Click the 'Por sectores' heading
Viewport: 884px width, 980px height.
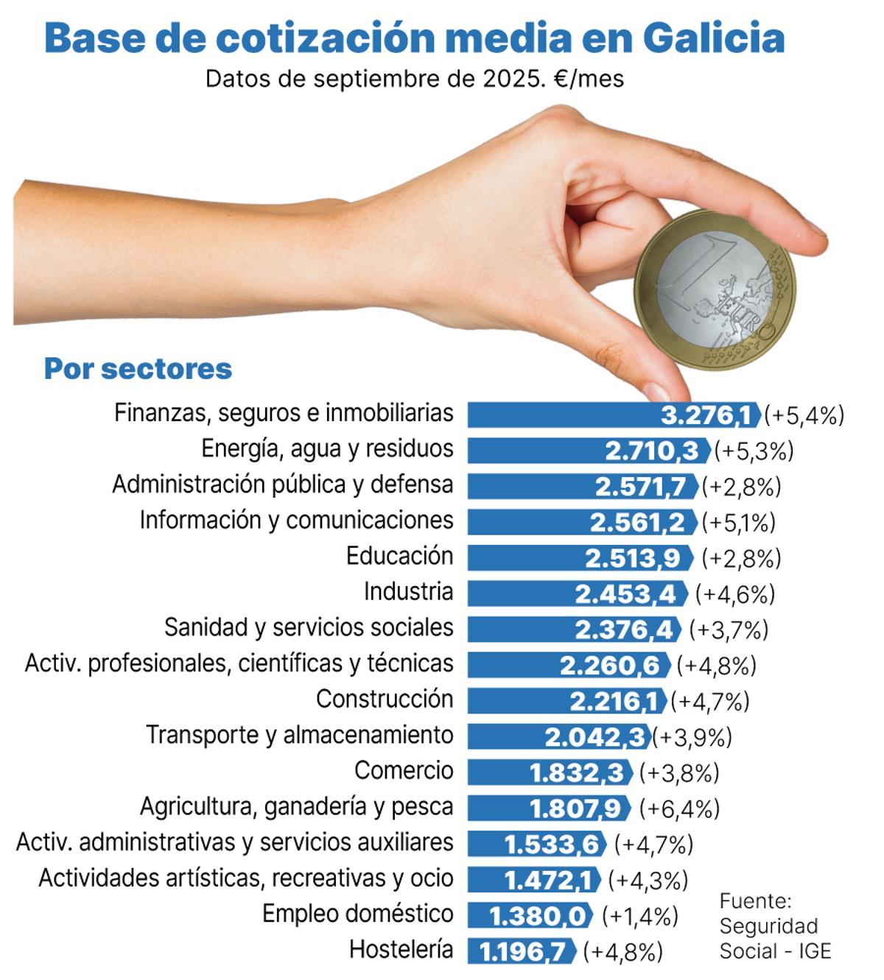point(138,368)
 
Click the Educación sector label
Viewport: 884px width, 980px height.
point(399,556)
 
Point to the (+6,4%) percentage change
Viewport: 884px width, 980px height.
point(678,808)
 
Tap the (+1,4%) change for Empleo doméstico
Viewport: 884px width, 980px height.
point(639,916)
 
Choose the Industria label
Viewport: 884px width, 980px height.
point(408,592)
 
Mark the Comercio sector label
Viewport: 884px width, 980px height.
point(404,771)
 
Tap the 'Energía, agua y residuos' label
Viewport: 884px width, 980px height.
point(327,448)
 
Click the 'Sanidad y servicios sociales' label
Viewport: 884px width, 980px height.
point(308,627)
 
